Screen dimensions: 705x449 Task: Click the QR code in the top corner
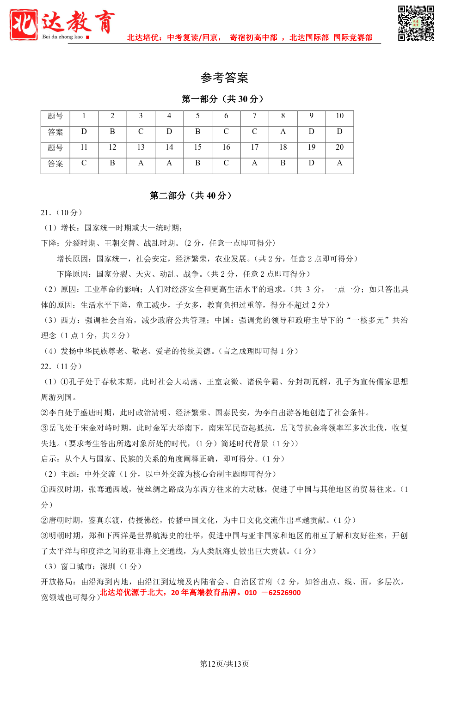tap(416, 24)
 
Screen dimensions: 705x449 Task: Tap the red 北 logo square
tap(24, 24)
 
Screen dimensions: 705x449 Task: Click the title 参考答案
tap(224, 78)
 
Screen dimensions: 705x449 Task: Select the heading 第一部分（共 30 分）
tap(224, 99)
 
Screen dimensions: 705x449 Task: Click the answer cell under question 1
tap(84, 132)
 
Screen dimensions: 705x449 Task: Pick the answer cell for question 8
tap(283, 132)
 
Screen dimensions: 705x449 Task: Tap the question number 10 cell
tap(339, 116)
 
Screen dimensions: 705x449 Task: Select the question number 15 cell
tap(197, 147)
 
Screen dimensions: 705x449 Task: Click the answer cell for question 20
tap(339, 163)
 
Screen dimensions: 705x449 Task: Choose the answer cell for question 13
tap(141, 163)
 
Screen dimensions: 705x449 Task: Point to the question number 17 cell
tap(254, 147)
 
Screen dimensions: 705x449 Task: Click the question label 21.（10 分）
tap(62, 213)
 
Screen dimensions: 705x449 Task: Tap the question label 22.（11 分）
tap(62, 366)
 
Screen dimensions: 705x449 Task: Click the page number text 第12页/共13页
tap(224, 664)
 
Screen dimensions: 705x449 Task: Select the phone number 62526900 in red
tap(284, 593)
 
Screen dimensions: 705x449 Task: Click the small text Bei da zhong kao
tap(62, 37)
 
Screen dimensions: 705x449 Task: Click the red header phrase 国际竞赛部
tap(353, 37)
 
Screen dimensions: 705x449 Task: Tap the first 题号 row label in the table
tap(55, 116)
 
